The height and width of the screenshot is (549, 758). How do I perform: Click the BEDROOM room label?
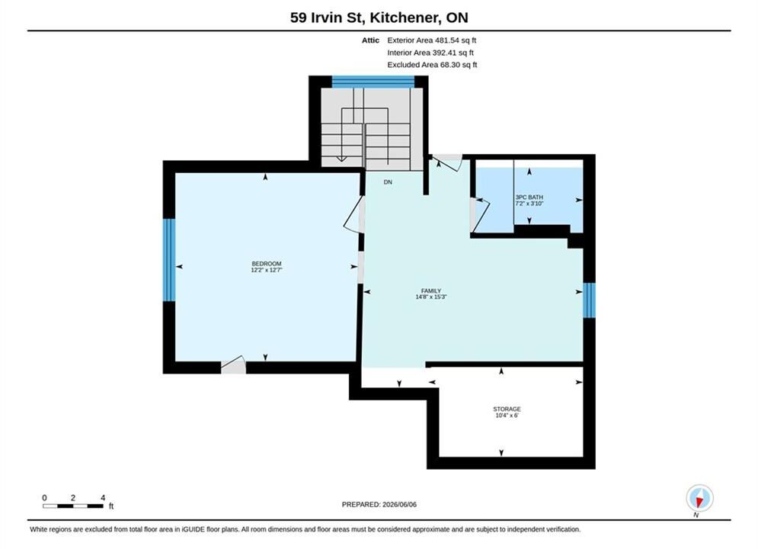[267, 264]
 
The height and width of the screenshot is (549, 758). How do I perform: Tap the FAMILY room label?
[430, 291]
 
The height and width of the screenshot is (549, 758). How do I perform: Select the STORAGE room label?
[507, 409]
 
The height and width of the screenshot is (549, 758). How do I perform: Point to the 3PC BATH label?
[529, 197]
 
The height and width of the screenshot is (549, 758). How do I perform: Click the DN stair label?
[388, 182]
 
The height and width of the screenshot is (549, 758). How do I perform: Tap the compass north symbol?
[699, 498]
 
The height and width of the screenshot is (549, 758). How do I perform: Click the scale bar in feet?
[73, 506]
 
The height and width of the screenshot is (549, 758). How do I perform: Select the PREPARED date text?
[379, 505]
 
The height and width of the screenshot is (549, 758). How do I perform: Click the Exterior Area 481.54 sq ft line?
[432, 40]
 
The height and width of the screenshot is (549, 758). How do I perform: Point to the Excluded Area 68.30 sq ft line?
[432, 64]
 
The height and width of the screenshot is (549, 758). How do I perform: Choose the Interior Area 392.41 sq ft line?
[430, 53]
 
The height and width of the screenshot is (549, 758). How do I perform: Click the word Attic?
[370, 40]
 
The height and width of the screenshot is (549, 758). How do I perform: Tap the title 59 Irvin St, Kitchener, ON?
[379, 18]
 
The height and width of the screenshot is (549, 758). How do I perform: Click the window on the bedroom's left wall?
[168, 260]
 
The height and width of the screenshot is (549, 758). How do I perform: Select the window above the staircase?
[373, 82]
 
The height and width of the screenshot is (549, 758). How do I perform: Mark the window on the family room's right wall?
[589, 300]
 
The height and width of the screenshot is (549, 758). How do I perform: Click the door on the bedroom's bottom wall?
[233, 365]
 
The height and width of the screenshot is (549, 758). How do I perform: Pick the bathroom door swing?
[480, 214]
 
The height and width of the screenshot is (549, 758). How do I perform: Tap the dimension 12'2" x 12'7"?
[267, 270]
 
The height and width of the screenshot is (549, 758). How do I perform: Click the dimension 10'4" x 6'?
[507, 415]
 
